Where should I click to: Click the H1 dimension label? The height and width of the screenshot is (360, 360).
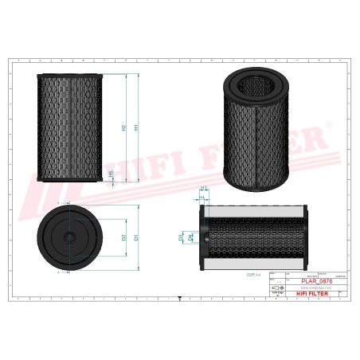coord(137,127)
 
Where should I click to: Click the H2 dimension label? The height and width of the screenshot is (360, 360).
coord(123,127)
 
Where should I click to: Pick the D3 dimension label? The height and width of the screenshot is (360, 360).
coord(182,237)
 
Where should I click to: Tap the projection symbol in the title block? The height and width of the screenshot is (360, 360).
coord(277,281)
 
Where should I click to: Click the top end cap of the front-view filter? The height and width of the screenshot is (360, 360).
coord(69,74)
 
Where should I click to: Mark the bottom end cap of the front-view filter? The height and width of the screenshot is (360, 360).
coord(69,180)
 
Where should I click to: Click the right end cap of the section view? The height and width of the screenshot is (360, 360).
coord(303,236)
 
